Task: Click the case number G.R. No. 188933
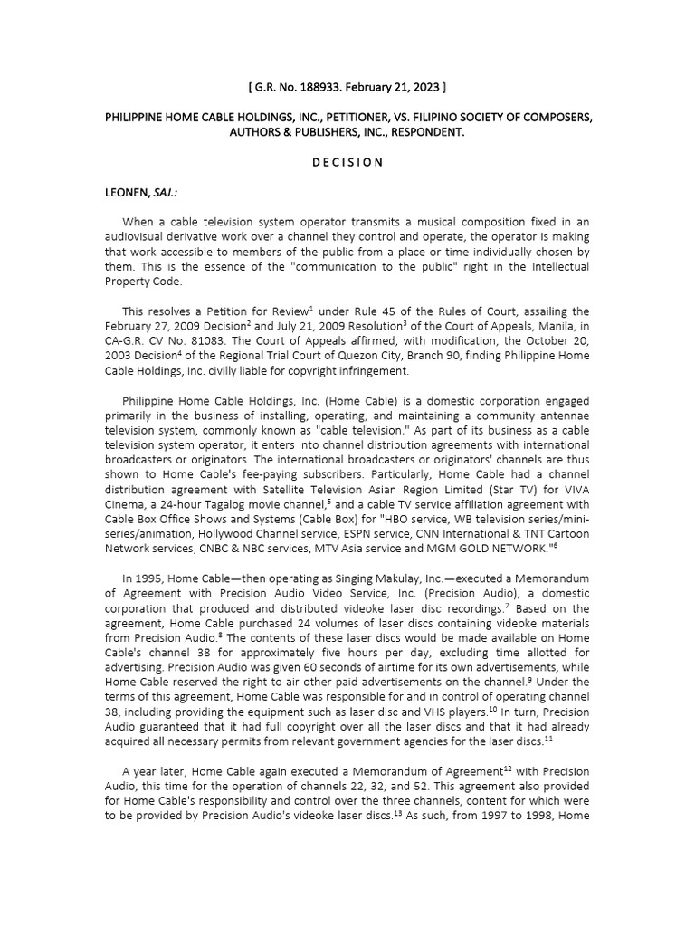(300, 87)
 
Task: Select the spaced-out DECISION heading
(347, 162)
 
